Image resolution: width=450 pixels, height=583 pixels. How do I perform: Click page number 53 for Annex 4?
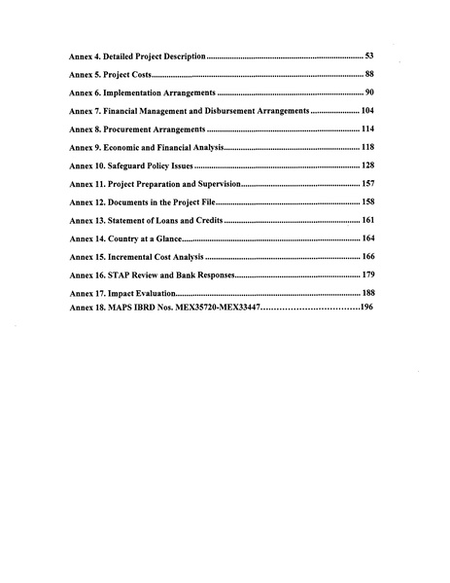(x=369, y=56)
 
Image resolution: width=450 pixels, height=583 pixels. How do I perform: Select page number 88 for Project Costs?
(x=369, y=75)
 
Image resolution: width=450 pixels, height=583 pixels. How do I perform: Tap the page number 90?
(x=369, y=92)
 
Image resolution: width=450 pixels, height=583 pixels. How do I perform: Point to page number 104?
(x=367, y=111)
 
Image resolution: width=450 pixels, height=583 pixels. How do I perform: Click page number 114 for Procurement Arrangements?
(x=367, y=129)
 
